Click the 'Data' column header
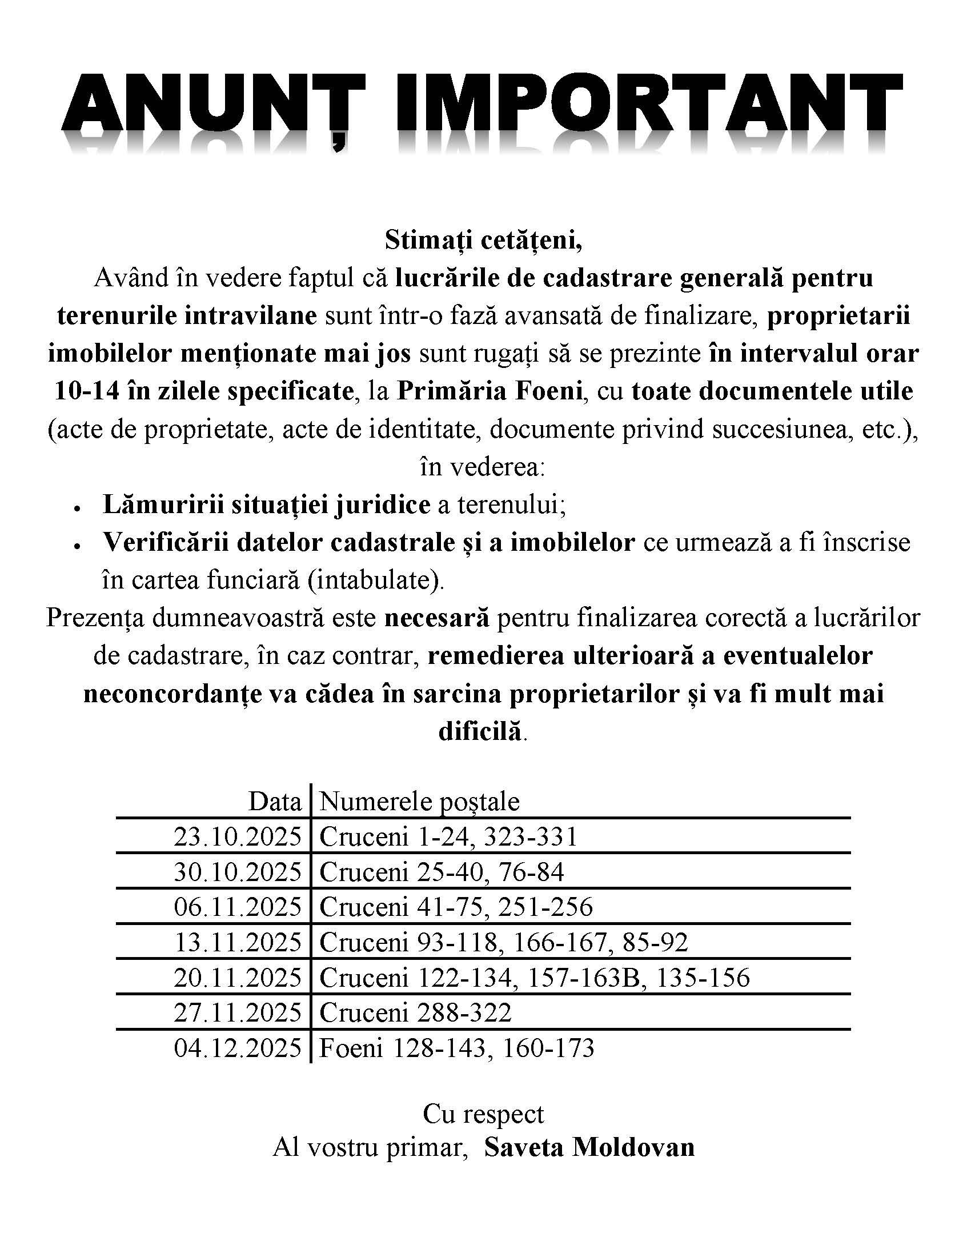[274, 802]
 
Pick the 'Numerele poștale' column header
[419, 802]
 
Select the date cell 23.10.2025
[238, 836]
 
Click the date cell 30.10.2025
[238, 872]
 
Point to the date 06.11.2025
[238, 907]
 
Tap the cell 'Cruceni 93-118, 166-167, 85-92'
[503, 942]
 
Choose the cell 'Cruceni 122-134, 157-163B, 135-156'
[535, 977]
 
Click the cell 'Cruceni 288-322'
[415, 1012]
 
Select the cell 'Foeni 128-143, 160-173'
[456, 1048]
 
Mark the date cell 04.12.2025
[238, 1048]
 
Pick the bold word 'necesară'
[436, 618]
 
